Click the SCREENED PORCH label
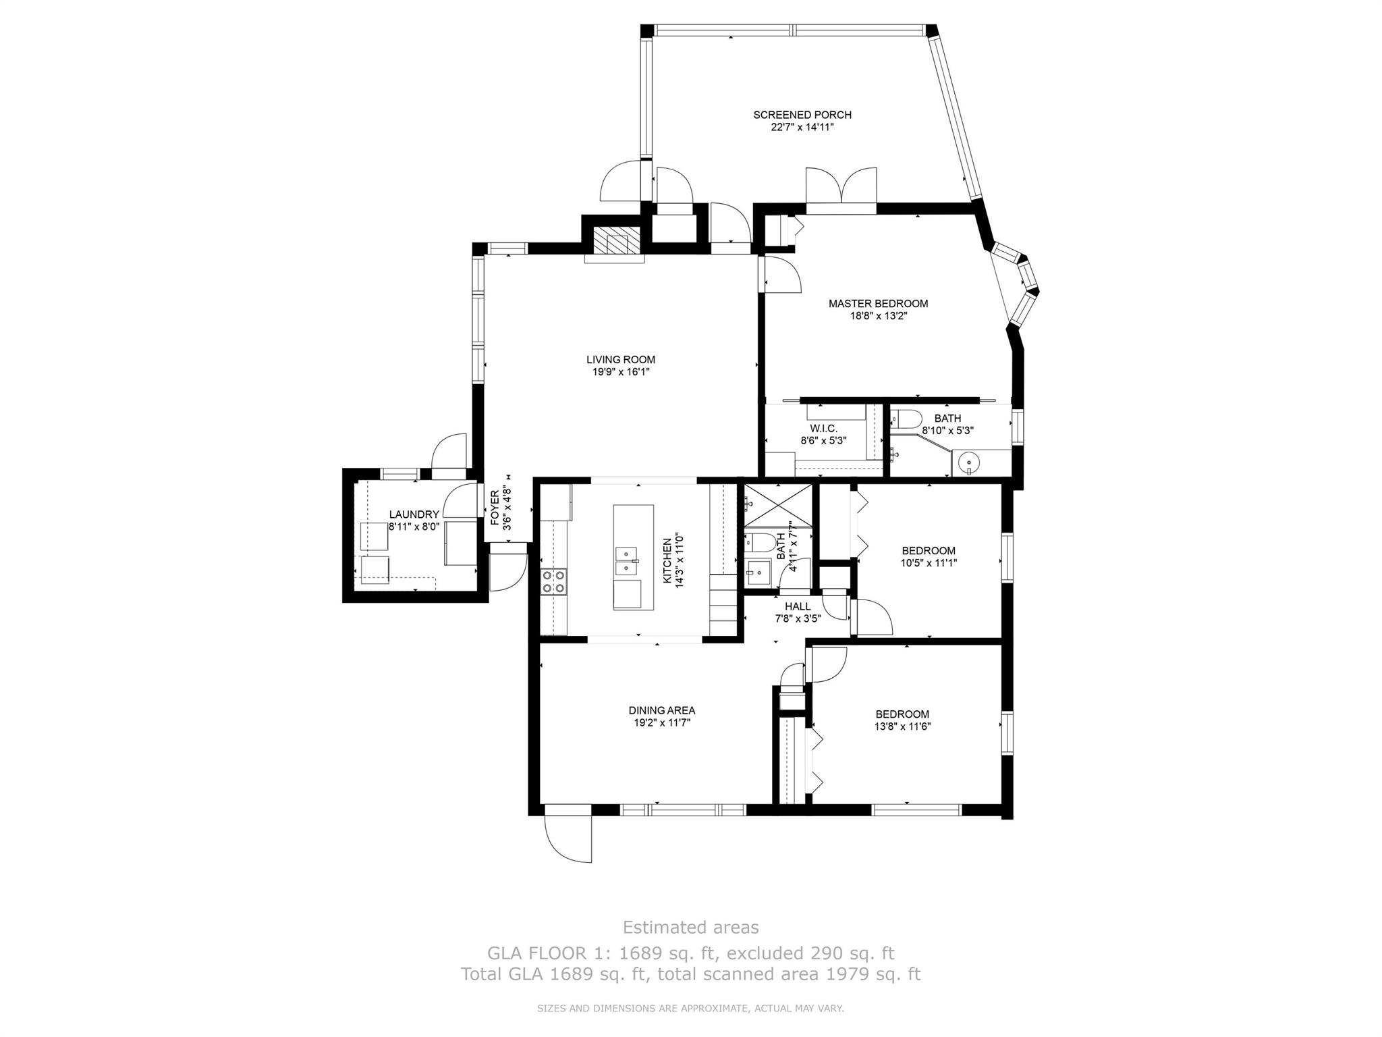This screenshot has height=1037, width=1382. tap(802, 115)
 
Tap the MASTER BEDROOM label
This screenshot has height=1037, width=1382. tap(878, 304)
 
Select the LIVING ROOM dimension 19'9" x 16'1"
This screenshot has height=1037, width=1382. tap(620, 372)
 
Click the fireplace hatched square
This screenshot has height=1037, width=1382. tap(615, 240)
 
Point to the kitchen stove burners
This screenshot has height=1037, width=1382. tap(553, 582)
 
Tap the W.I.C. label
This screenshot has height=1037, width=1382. tap(823, 429)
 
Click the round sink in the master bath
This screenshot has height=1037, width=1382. tap(969, 463)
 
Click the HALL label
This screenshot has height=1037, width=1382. tap(798, 607)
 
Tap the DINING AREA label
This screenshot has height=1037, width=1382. tap(661, 710)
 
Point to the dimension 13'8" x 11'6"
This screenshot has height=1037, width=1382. tap(902, 726)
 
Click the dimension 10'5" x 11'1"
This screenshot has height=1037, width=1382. tap(929, 562)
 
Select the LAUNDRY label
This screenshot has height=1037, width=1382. tap(414, 514)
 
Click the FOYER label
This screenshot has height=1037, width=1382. tap(495, 508)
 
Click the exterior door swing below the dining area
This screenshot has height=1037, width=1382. tap(568, 838)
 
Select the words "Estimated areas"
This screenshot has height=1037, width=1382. tap(690, 927)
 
